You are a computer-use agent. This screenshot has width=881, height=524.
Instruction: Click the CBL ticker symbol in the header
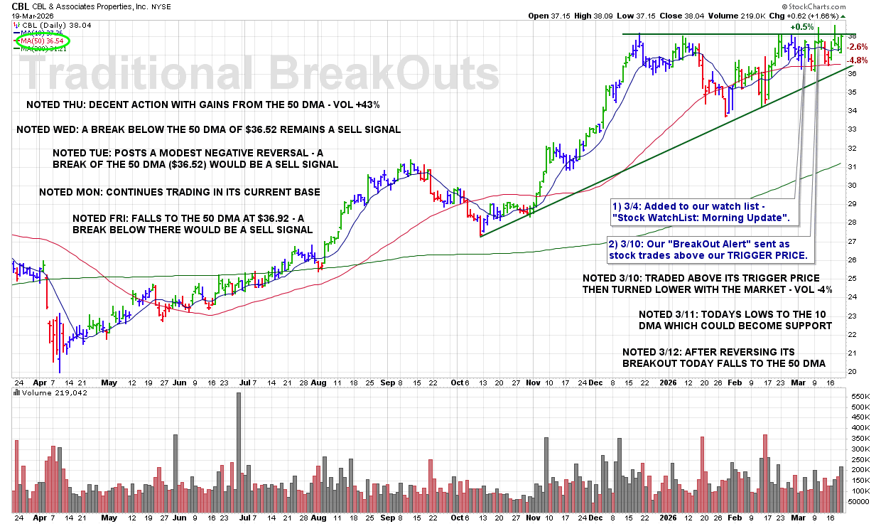[x=20, y=6]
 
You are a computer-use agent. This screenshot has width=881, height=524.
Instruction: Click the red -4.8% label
[x=859, y=60]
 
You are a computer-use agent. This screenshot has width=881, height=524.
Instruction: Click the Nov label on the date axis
[x=534, y=382]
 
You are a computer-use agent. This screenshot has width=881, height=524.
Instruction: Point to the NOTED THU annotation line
[x=202, y=105]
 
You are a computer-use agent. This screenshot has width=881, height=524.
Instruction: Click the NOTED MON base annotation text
[x=179, y=192]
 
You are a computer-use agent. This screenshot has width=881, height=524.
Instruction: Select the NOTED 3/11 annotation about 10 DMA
[x=735, y=320]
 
